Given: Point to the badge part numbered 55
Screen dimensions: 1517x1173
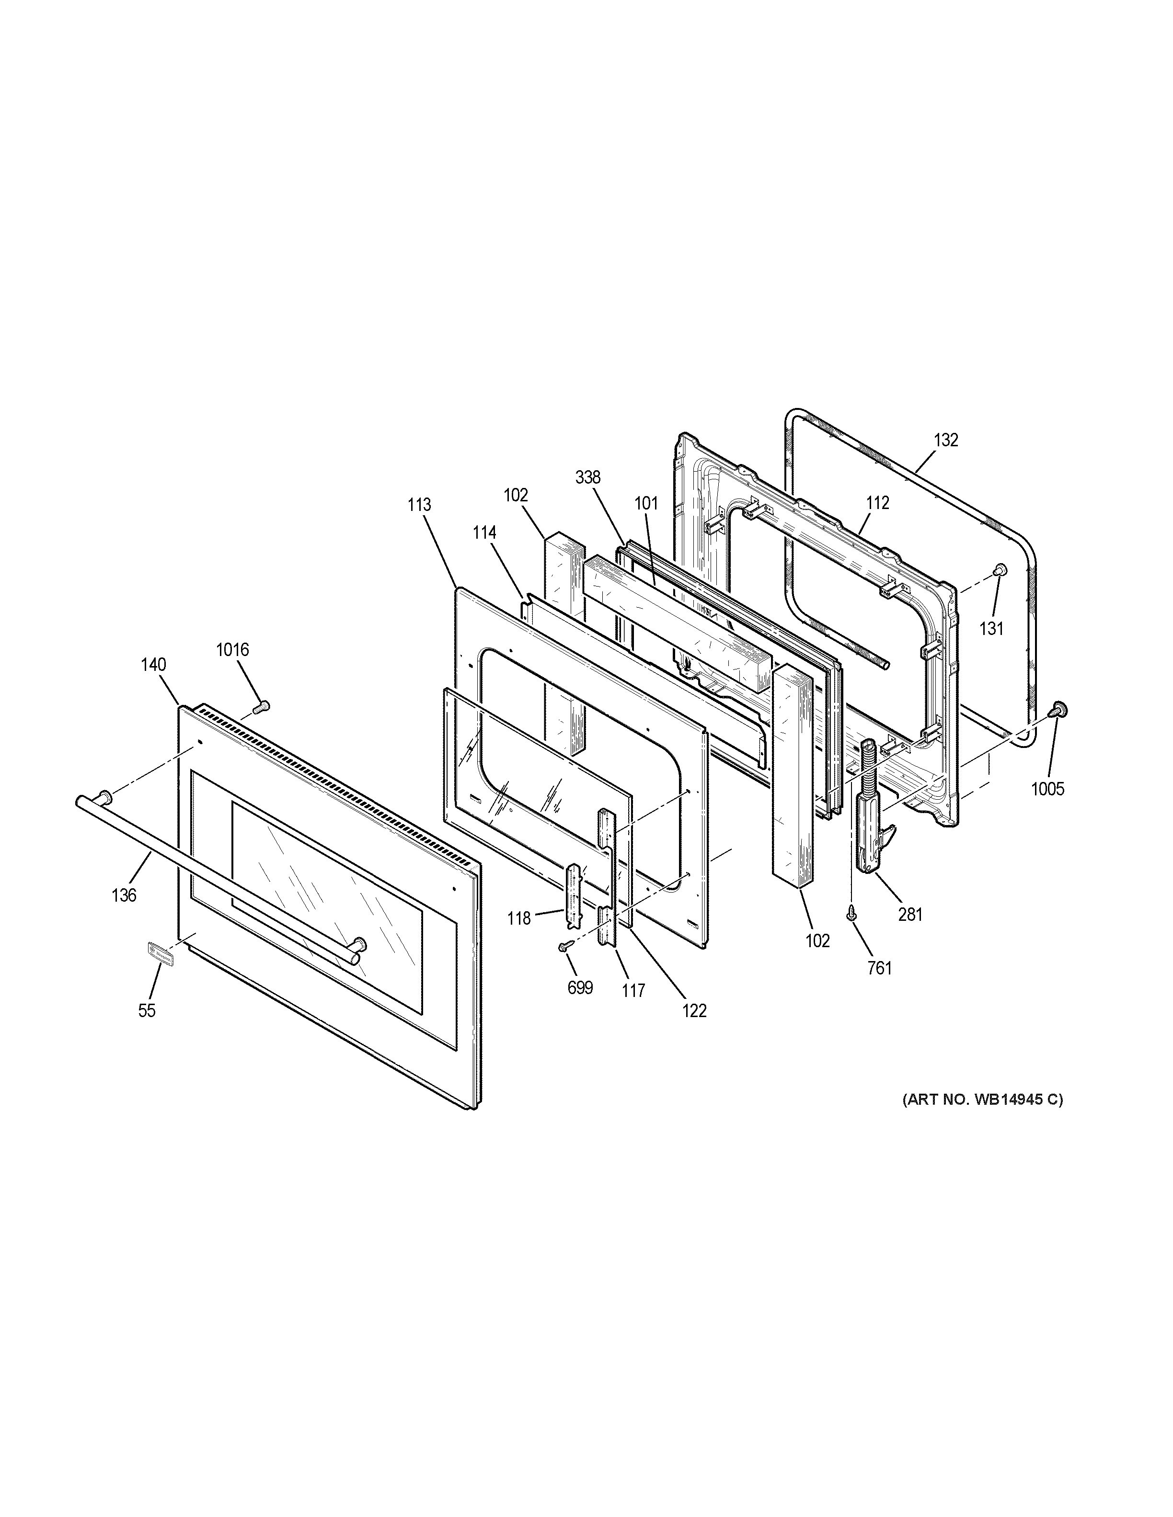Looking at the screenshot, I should click(160, 955).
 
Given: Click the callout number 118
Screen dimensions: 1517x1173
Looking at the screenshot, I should click(518, 918).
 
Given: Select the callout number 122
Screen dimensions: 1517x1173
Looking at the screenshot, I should click(694, 1011).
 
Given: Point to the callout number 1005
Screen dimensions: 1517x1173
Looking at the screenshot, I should click(1047, 789).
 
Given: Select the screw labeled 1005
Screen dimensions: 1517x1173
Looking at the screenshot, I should click(1059, 709).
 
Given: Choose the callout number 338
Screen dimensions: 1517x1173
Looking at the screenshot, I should click(588, 477).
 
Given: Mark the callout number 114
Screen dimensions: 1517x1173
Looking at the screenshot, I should click(484, 533).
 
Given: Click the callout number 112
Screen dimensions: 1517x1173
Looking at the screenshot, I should click(878, 502).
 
